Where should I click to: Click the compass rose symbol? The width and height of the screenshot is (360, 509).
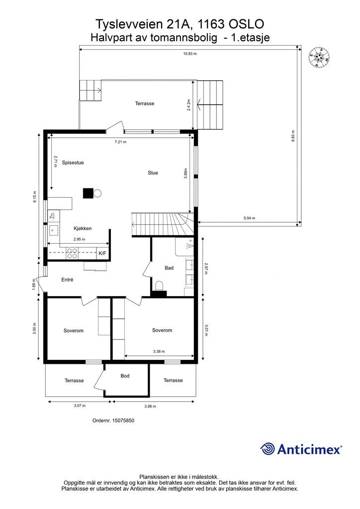(x=319, y=58)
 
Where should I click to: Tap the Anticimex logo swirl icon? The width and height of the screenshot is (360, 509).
(x=268, y=449)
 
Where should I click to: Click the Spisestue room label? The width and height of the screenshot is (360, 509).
(x=73, y=163)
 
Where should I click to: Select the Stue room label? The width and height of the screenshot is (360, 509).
(x=153, y=173)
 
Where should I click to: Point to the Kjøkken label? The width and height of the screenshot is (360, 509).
(x=83, y=229)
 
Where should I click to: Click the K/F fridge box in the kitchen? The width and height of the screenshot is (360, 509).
(x=102, y=253)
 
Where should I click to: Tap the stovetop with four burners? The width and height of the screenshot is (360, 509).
(x=72, y=253)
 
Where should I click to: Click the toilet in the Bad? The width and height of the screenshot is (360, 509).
(x=159, y=286)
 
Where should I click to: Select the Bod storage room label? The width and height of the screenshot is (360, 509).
(x=125, y=376)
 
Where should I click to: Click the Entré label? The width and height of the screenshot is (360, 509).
(x=68, y=279)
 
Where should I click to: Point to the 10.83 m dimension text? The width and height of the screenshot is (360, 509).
(x=190, y=54)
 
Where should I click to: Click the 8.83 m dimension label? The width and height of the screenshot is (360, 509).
(x=293, y=136)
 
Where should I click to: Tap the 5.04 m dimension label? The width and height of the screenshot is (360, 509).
(x=249, y=218)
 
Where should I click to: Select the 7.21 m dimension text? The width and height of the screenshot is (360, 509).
(x=120, y=142)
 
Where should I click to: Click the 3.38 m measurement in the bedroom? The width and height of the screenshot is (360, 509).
(x=159, y=351)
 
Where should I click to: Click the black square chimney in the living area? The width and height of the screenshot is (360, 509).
(x=88, y=193)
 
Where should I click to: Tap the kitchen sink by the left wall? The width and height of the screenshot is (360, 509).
(x=53, y=230)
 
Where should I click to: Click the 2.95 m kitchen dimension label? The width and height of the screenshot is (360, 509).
(x=79, y=239)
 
